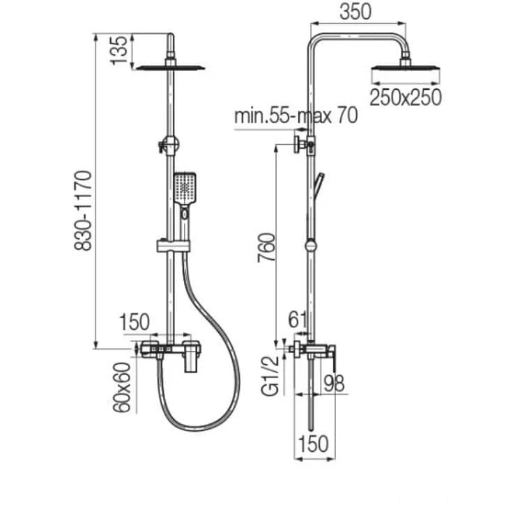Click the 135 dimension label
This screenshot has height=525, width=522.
[120, 50]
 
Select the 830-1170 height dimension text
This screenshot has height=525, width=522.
[85, 210]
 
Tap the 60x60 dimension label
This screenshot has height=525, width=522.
[123, 387]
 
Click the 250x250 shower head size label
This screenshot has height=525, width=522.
[406, 98]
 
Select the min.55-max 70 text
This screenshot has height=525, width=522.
[296, 115]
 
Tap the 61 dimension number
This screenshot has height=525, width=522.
[298, 320]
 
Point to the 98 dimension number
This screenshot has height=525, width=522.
[335, 383]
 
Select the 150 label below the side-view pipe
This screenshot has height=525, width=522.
[314, 444]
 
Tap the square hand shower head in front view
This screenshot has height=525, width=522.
[185, 187]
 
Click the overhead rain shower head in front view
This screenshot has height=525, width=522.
[171, 68]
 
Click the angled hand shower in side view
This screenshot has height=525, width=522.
[318, 187]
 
